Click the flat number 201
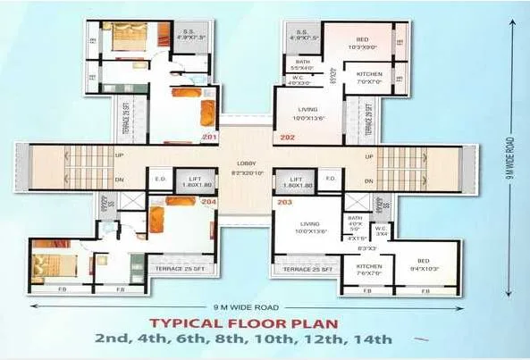point(210,138)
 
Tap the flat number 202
point(287,138)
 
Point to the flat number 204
point(210,202)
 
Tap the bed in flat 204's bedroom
point(46,265)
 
